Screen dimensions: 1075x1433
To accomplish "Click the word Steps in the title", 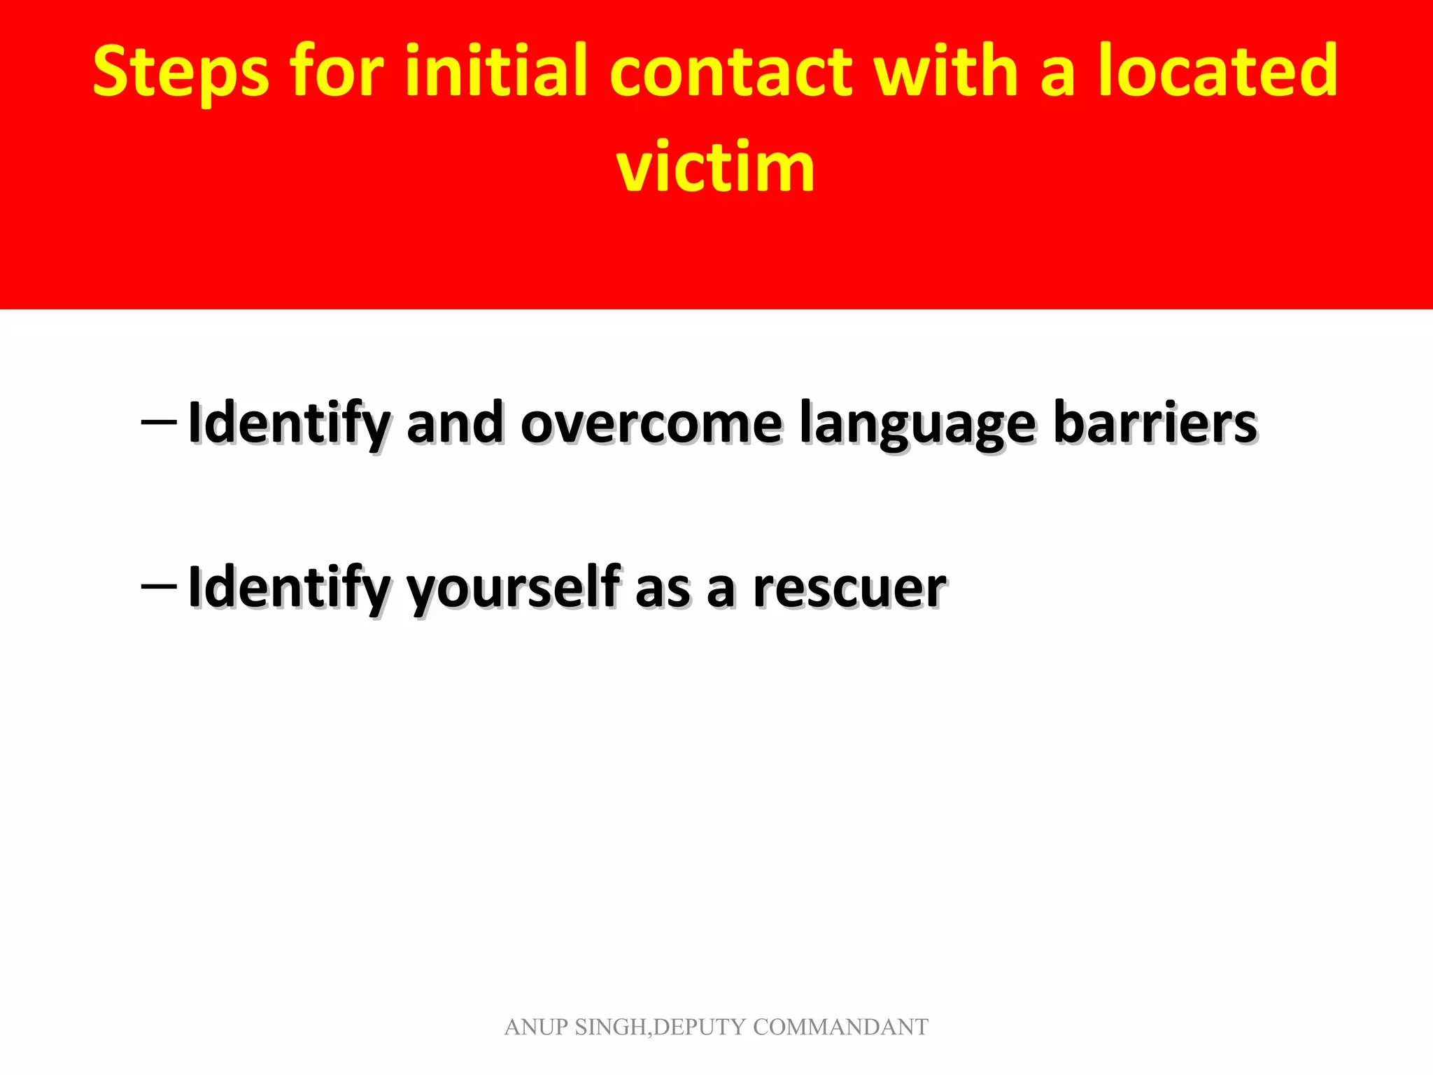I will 181,72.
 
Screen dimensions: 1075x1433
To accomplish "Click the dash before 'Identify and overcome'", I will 158,422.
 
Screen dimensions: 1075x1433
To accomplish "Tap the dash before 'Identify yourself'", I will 158,585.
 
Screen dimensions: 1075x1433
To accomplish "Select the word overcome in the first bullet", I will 651,425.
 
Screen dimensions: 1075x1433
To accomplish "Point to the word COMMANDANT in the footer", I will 840,1027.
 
